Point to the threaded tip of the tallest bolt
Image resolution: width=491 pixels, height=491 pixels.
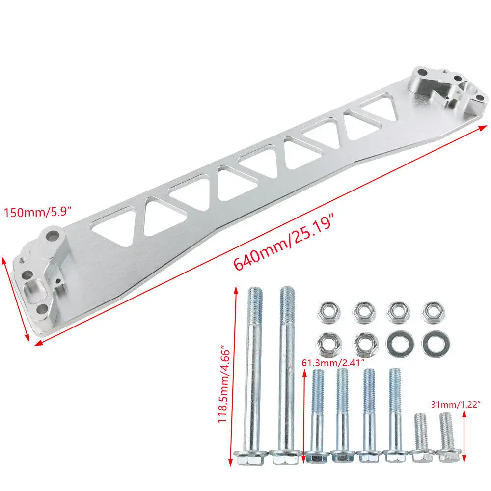(x=287, y=300)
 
